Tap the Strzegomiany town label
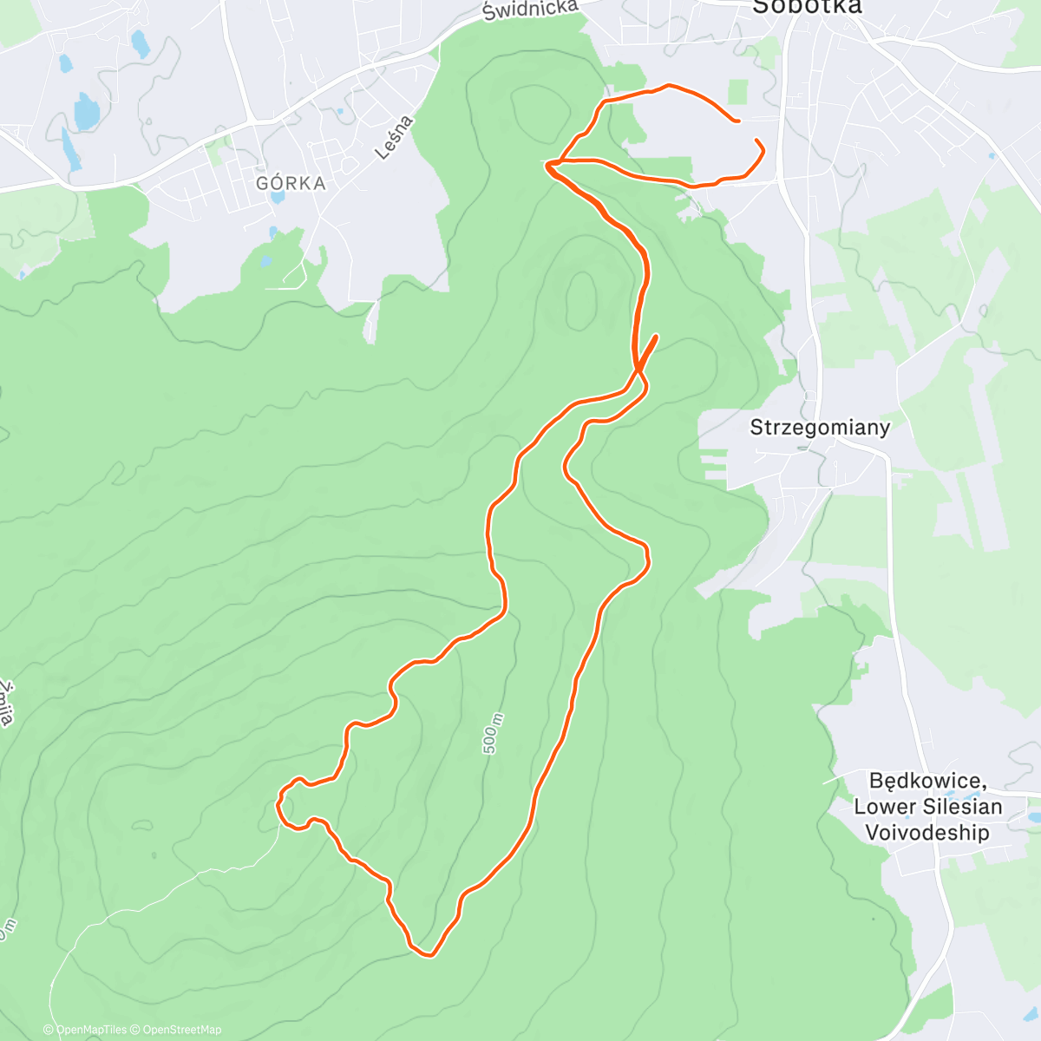820,428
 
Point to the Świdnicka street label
530,10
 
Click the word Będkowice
926,781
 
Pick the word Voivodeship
926,833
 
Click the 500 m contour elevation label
493,733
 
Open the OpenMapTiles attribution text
85,1030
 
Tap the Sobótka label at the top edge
807,7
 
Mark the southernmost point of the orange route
429,956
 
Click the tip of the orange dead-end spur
656,336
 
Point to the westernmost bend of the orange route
278,804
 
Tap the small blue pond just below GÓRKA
278,197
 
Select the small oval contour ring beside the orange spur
579,299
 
